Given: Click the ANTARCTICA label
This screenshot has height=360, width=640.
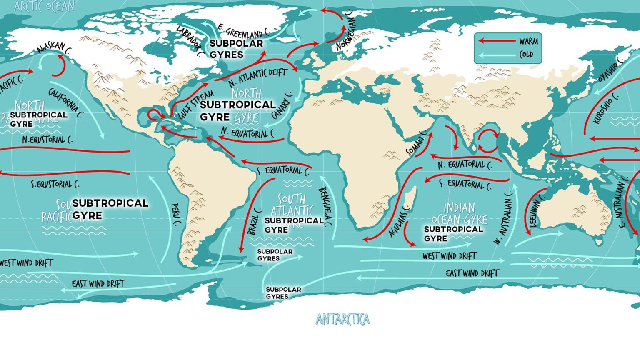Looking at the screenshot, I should click(342, 319).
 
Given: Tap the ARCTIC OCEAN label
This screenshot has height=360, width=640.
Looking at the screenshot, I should click(44, 6).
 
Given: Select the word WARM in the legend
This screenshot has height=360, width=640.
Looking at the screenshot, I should click(528, 41).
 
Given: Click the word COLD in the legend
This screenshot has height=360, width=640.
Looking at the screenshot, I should click(526, 55).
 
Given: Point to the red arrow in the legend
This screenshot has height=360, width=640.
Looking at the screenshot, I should click(496, 41).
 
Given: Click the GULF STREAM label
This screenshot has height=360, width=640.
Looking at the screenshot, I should click(196, 104).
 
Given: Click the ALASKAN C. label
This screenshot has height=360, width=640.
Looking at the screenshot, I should click(53, 47).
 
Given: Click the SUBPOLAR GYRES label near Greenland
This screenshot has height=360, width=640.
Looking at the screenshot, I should click(236, 49).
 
